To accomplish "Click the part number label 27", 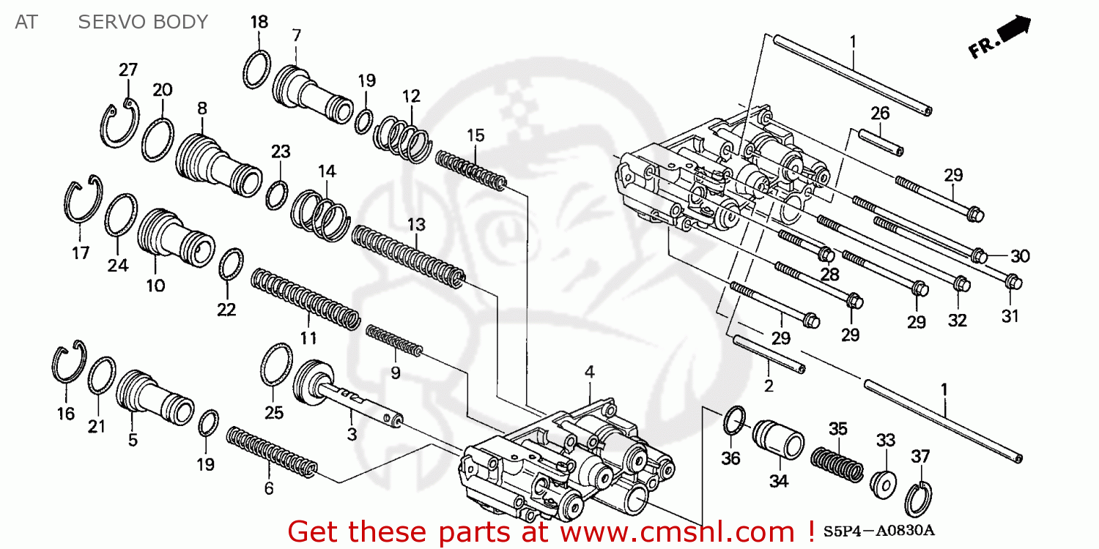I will click(128, 70).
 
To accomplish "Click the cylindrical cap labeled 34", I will click(779, 441).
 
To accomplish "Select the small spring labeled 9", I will click(394, 341).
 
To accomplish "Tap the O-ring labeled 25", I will click(277, 363).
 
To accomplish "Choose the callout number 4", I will click(589, 373).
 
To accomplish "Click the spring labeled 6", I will click(272, 455).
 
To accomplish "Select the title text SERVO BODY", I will click(143, 23).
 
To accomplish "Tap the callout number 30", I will click(1020, 256).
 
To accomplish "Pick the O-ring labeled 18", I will click(257, 70).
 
